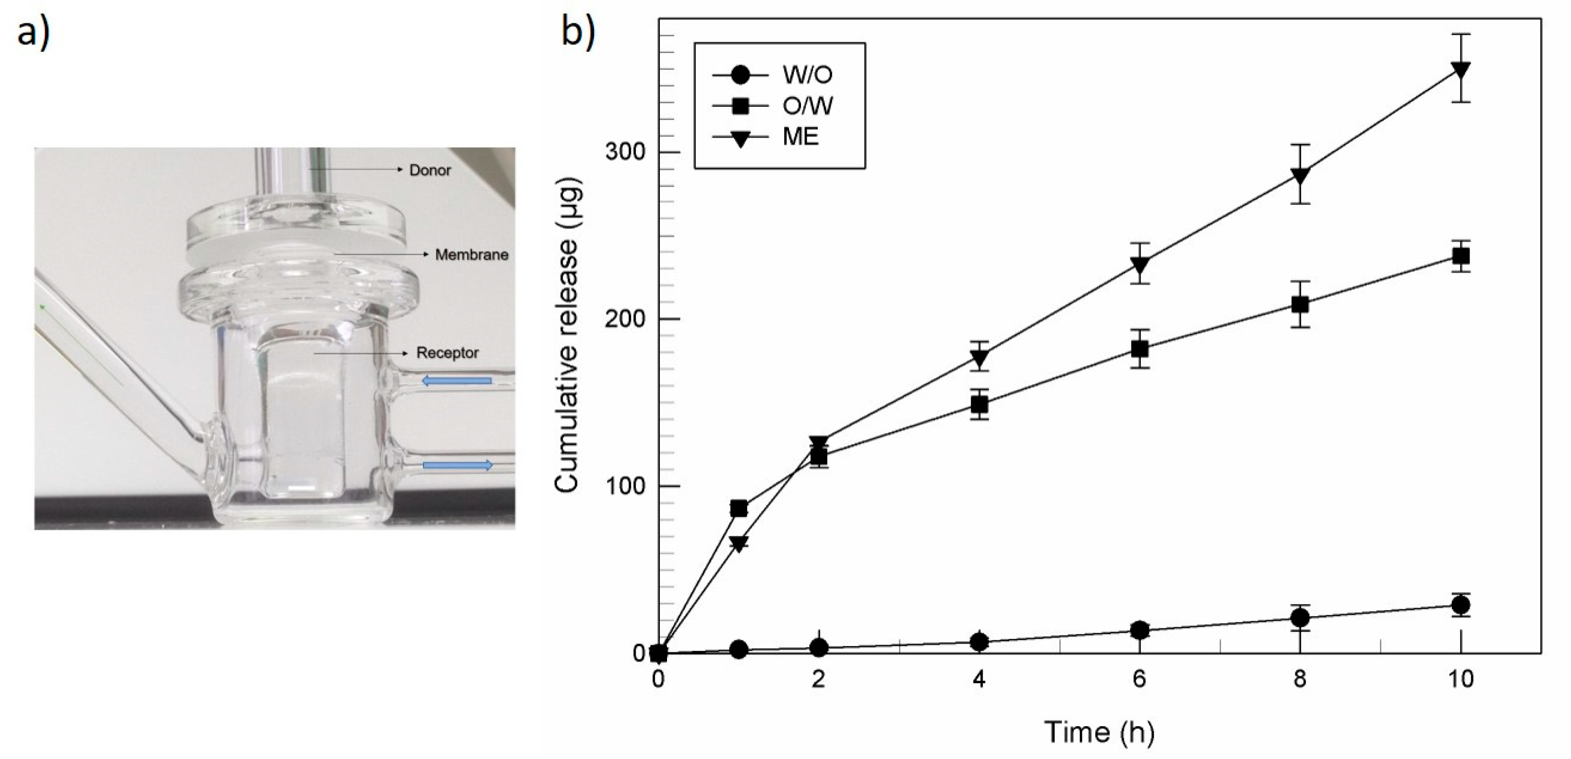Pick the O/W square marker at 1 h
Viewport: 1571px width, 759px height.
point(739,508)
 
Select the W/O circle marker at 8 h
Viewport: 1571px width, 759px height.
point(1300,617)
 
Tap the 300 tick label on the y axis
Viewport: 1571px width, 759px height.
point(624,152)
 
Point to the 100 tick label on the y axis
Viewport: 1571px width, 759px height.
point(624,486)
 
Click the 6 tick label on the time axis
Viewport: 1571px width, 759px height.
point(1139,678)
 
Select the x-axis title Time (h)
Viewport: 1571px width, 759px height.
point(1099,731)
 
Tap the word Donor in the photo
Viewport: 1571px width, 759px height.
point(430,171)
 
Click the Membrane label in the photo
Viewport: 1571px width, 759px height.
point(472,255)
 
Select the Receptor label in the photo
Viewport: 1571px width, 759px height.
point(447,353)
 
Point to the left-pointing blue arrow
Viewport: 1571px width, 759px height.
point(457,381)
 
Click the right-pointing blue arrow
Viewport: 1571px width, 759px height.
point(457,466)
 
